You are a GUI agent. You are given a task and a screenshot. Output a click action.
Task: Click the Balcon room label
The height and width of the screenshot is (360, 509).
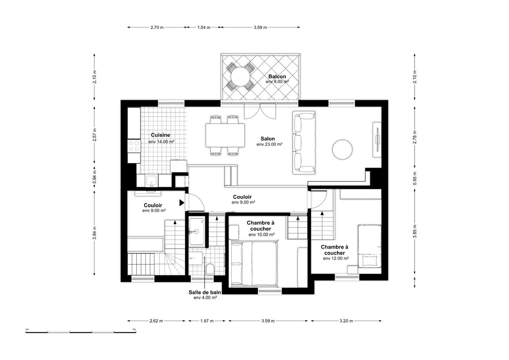tap(277, 77)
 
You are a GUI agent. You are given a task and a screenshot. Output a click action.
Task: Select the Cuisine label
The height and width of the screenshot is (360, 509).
tap(161, 135)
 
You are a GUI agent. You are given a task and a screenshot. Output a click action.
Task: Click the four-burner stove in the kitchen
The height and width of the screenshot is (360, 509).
tap(134, 146)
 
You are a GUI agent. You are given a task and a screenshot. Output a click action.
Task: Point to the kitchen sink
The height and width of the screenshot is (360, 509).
tap(151, 181)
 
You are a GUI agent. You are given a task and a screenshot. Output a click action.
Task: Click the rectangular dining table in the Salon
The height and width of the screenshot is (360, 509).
tap(225, 135)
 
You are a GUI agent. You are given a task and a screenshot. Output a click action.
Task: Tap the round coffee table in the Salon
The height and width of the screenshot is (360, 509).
tap(342, 150)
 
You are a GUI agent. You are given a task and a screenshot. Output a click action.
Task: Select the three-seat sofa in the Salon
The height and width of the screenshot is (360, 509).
tap(304, 143)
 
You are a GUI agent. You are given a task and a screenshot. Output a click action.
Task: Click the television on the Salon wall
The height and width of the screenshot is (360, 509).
tap(377, 139)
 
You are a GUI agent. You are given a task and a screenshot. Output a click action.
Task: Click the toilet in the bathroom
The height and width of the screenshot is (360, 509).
tap(210, 269)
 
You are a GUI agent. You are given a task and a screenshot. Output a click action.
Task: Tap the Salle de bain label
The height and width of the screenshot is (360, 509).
tap(205, 292)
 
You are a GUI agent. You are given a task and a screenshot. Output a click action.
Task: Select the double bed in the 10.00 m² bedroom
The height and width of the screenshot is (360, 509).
tap(254, 263)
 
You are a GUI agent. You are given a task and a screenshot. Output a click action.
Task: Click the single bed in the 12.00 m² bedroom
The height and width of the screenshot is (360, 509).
tap(370, 246)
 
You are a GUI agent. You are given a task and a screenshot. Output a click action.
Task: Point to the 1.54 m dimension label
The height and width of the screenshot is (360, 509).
tap(204, 28)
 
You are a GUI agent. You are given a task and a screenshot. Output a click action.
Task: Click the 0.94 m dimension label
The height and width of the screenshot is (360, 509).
tap(95, 177)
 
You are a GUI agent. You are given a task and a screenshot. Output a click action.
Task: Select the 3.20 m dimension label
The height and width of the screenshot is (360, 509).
tap(346, 321)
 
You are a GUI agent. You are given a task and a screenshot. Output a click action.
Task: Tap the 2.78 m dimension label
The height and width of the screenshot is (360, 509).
tap(415, 137)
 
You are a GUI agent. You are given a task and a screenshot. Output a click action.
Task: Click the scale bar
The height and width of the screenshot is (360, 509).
tap(81, 332)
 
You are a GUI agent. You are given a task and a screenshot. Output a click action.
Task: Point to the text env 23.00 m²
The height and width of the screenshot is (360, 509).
tap(269, 144)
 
